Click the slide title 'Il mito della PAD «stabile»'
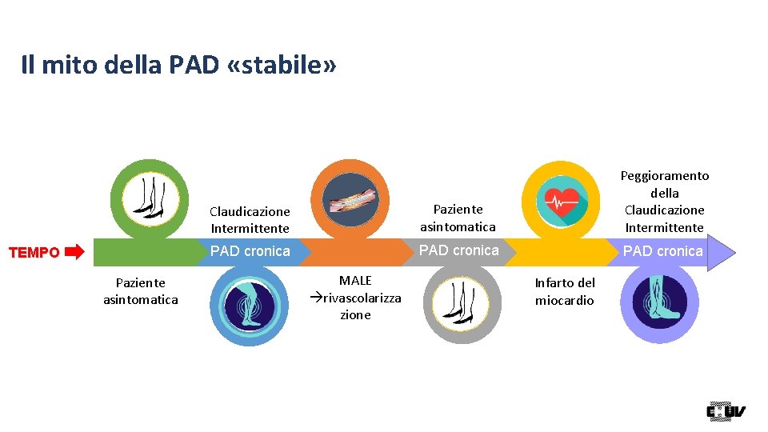coord(178,66)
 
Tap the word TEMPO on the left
coord(34,253)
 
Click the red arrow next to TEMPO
coord(74,253)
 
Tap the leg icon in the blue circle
coord(250,305)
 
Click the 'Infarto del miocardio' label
coord(565,291)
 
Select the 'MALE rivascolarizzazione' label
coord(355,297)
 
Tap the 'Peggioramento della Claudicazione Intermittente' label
coord(665,202)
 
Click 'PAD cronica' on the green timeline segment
coord(250,251)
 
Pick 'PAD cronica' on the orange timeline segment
coord(459,250)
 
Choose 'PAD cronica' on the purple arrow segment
coord(662,251)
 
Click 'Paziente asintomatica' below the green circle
coord(141,291)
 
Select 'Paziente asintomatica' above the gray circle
coord(458,218)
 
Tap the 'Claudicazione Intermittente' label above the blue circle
coord(250,220)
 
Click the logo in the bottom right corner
coord(726,411)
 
